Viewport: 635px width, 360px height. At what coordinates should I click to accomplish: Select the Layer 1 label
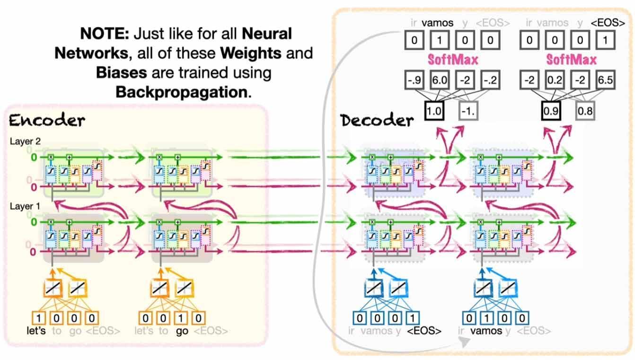(23, 207)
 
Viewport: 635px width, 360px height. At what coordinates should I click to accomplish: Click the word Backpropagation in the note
(181, 91)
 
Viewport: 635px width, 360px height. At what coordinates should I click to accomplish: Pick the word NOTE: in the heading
(105, 34)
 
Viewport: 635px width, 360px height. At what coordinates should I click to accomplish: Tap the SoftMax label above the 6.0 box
(453, 60)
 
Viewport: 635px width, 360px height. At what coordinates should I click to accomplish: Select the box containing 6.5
(604, 80)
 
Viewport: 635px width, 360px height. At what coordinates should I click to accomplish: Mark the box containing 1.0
(433, 112)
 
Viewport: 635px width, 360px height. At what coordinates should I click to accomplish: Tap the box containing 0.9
(550, 112)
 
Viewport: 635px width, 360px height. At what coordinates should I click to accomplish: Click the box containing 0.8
(585, 112)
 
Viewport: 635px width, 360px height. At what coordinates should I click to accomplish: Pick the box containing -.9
(415, 80)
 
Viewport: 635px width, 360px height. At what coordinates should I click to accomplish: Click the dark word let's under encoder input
(36, 331)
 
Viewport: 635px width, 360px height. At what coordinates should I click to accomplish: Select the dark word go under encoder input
(182, 331)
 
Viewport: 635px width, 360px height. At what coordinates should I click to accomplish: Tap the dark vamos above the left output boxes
(438, 22)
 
